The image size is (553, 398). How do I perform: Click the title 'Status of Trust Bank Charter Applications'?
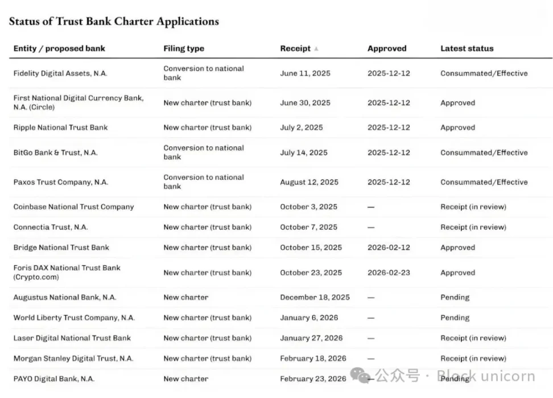114,22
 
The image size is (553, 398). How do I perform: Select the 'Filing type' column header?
183,48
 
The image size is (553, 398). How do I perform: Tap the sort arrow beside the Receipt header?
316,49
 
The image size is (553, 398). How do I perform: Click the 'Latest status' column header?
467,48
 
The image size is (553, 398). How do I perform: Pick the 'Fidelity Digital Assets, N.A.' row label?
60,73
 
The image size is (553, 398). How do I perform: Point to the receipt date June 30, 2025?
305,103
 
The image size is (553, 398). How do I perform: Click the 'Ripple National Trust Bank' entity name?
60,128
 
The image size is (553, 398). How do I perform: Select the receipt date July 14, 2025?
304,153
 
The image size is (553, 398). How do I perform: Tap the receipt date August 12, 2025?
309,182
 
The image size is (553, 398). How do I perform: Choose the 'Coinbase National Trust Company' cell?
73,207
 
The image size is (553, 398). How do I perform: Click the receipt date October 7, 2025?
308,227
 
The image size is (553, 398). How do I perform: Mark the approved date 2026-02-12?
389,248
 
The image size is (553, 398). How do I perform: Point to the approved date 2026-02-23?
389,273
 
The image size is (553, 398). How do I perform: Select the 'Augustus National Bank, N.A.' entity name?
64,297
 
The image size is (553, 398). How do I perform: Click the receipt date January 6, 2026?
309,318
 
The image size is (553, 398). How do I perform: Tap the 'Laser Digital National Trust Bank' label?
72,338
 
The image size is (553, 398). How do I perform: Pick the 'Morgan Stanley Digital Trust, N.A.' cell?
73,359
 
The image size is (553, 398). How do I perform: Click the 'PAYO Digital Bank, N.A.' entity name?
54,379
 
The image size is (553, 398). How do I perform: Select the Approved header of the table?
387,48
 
